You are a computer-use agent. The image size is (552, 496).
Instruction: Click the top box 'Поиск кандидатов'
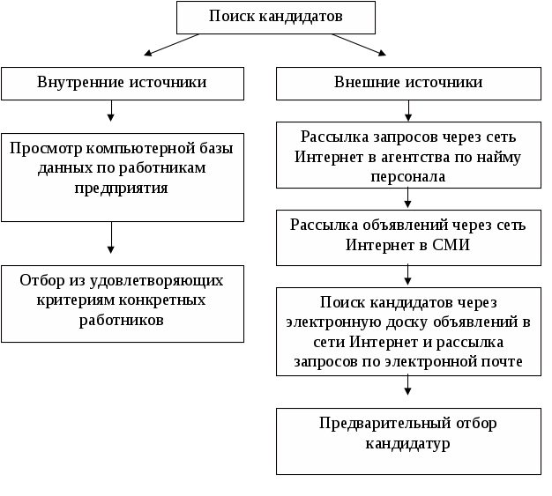pos(276,18)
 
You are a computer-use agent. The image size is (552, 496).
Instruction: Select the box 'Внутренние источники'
pos(123,84)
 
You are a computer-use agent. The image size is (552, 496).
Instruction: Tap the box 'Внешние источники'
pos(408,84)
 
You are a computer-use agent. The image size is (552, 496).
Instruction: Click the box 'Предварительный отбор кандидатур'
pos(408,441)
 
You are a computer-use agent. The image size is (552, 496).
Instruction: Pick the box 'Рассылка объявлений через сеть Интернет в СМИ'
pos(408,238)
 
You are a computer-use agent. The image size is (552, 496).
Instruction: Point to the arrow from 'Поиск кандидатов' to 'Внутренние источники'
pos(172,45)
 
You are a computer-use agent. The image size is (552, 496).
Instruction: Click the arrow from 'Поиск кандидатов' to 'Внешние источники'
pos(358,45)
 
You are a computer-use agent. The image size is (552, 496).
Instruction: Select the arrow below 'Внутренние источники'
pos(111,111)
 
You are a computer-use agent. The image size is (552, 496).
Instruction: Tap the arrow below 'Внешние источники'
pos(408,111)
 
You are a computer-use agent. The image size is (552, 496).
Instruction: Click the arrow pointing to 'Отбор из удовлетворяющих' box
pos(111,238)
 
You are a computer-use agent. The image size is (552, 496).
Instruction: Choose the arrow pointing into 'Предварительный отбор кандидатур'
pos(407,385)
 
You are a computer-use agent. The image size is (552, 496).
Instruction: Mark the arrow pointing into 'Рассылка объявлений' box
pos(407,197)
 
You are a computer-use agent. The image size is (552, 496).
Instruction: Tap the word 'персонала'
pos(408,176)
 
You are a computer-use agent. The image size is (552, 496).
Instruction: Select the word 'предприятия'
pos(121,189)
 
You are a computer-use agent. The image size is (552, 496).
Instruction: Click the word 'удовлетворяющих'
pos(156,281)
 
